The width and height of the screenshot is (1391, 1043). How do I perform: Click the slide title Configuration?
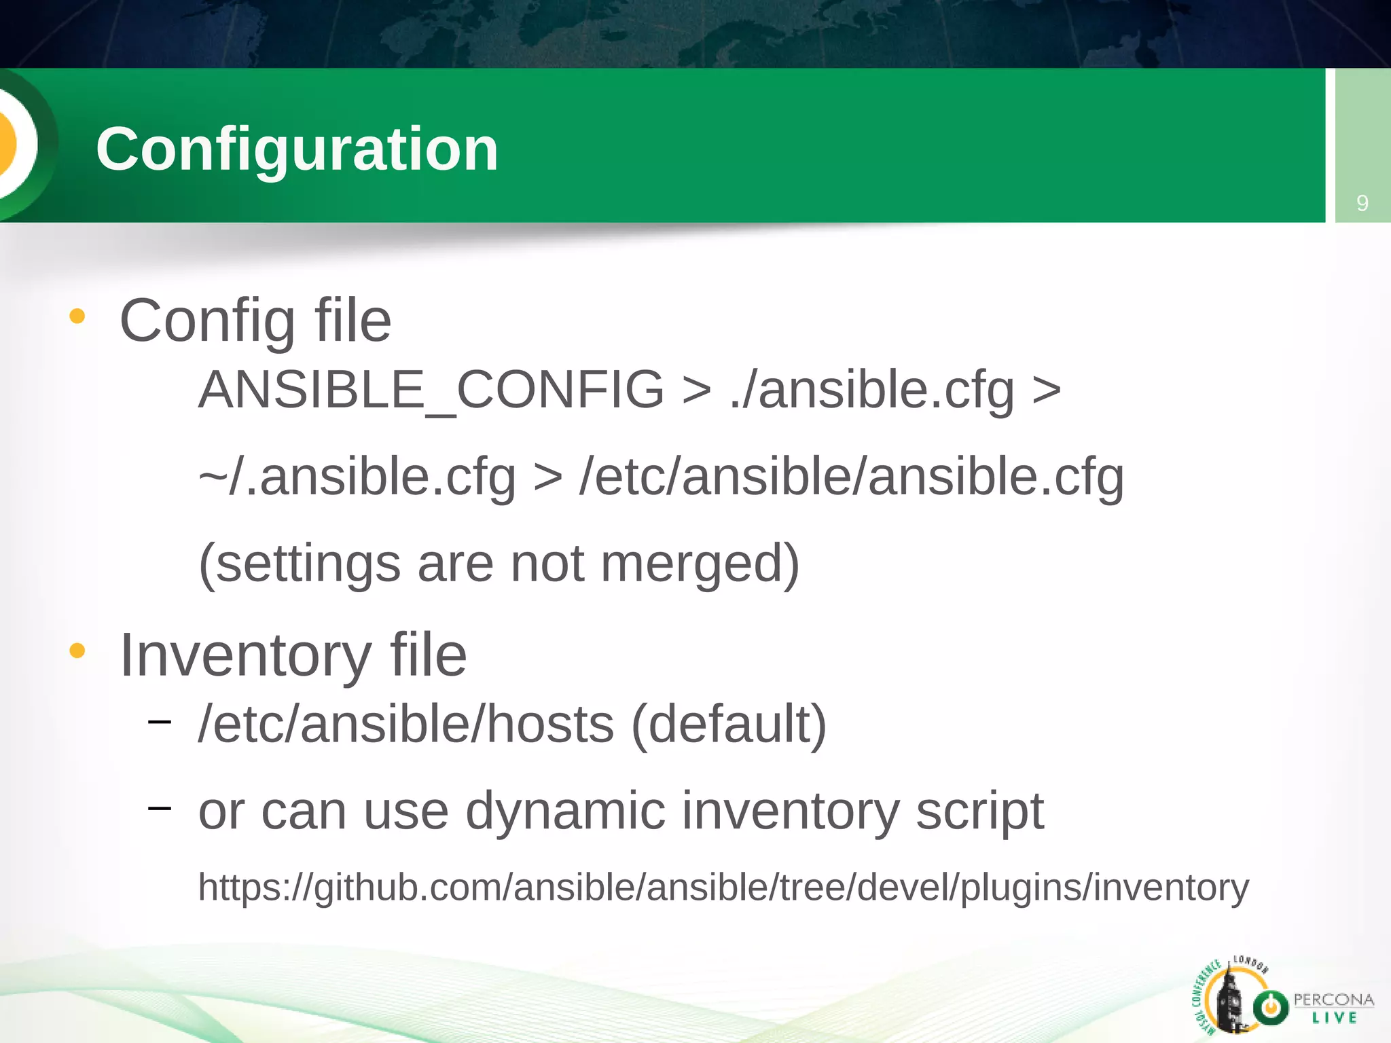click(297, 149)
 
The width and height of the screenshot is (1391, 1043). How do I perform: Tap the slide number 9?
click(1362, 203)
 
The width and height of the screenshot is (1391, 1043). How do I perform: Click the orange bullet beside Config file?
click(77, 316)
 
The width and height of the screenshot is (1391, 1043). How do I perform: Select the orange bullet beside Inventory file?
click(77, 651)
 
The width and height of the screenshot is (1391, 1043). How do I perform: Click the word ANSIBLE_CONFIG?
click(431, 390)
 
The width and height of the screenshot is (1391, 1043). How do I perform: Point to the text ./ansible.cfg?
click(872, 391)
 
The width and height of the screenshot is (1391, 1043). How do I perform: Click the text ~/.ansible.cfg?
click(357, 477)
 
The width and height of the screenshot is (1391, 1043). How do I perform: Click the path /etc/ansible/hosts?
click(406, 724)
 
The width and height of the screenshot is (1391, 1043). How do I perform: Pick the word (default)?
click(729, 724)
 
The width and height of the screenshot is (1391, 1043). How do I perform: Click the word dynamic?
click(565, 811)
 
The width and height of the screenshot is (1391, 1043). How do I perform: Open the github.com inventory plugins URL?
click(723, 888)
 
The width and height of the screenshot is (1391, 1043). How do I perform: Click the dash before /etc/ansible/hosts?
click(159, 722)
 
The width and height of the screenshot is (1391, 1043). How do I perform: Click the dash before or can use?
click(159, 807)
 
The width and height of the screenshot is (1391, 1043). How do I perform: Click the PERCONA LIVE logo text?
click(1333, 1008)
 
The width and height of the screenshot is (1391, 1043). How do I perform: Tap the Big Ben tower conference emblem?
click(1229, 998)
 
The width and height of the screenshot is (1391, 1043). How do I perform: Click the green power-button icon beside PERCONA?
click(1270, 1007)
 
